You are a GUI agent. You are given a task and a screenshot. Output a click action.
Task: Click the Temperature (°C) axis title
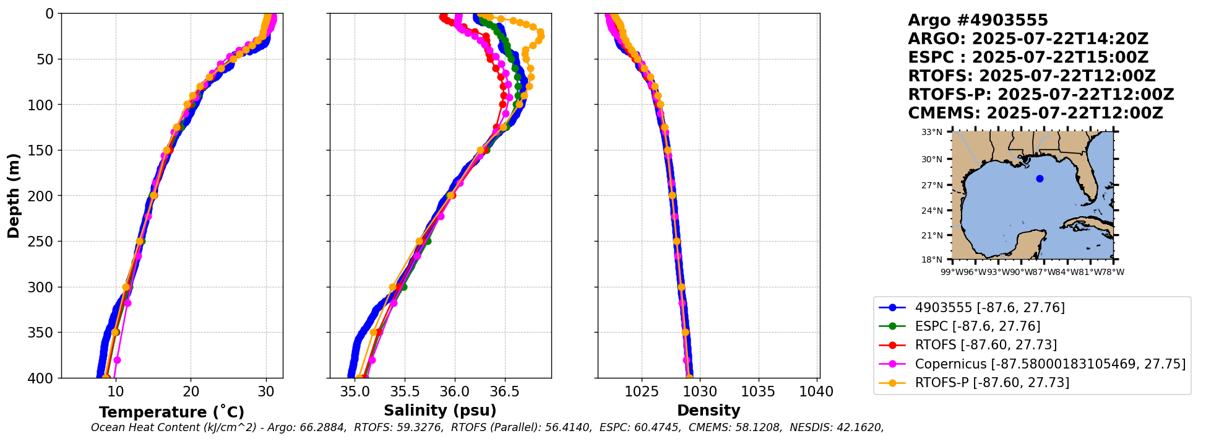[x=171, y=413]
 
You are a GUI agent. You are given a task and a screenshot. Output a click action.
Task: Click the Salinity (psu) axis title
[x=440, y=411]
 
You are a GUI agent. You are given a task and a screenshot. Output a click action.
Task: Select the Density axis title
[x=709, y=411]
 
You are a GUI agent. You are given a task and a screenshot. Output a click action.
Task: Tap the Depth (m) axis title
[x=14, y=196]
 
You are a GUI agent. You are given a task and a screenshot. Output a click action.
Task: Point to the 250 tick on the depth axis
[x=41, y=242]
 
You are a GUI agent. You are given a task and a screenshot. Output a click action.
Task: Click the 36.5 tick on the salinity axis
[x=505, y=392]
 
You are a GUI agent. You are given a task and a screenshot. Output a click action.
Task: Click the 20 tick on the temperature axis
[x=191, y=392]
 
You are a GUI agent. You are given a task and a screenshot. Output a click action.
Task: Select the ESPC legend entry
[x=978, y=326]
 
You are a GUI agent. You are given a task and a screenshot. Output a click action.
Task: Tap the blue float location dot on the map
[x=1040, y=178]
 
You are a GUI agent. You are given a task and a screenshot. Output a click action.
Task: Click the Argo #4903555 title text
[x=978, y=20]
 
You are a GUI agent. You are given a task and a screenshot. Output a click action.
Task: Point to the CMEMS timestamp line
[x=1035, y=113]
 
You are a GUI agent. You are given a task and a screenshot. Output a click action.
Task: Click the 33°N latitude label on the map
[x=932, y=132]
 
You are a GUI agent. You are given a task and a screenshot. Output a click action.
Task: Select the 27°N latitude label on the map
[x=932, y=185]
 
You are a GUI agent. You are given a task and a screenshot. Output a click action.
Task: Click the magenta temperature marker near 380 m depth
[x=117, y=360]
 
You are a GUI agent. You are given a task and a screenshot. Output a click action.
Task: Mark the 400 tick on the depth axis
[x=41, y=378]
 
